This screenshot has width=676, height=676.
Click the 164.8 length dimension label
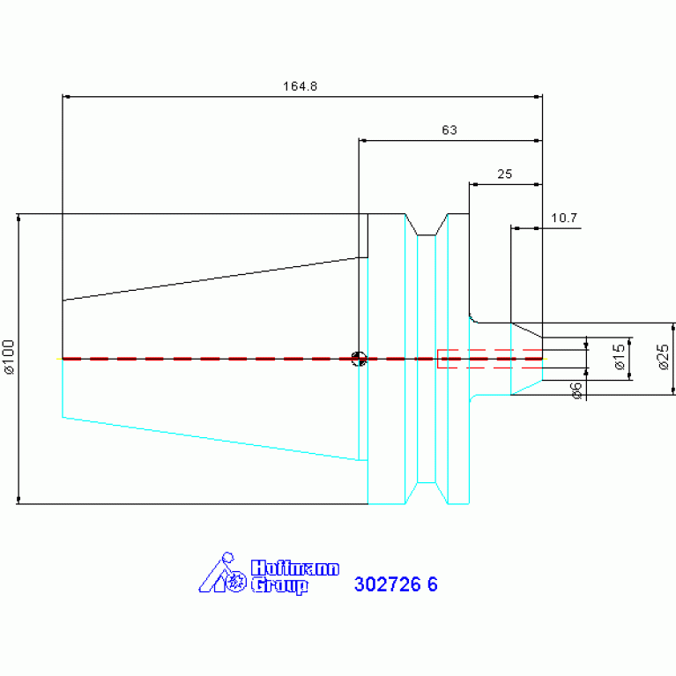[300, 86]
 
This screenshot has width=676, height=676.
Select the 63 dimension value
[449, 130]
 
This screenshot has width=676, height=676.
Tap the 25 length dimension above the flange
[505, 175]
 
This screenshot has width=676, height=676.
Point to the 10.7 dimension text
[564, 219]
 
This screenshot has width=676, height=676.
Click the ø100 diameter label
[9, 357]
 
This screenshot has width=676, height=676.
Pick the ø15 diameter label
[620, 357]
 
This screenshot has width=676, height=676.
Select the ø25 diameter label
[664, 357]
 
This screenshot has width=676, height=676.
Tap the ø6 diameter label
[576, 390]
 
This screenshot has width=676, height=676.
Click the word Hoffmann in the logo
[295, 568]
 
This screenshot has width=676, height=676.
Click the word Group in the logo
[279, 586]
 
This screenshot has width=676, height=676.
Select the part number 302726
[387, 584]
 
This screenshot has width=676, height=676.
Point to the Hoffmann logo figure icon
[222, 573]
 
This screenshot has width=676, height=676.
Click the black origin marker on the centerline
[359, 359]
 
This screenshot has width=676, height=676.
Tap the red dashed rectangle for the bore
[490, 359]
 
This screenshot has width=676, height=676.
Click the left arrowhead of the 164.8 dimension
[66, 97]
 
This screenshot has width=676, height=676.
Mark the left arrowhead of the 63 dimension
[362, 140]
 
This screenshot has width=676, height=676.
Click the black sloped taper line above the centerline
[211, 279]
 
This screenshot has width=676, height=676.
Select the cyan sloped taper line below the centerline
[211, 438]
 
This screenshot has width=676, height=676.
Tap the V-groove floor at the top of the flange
[427, 235]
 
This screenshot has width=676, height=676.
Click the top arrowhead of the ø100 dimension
[19, 218]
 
